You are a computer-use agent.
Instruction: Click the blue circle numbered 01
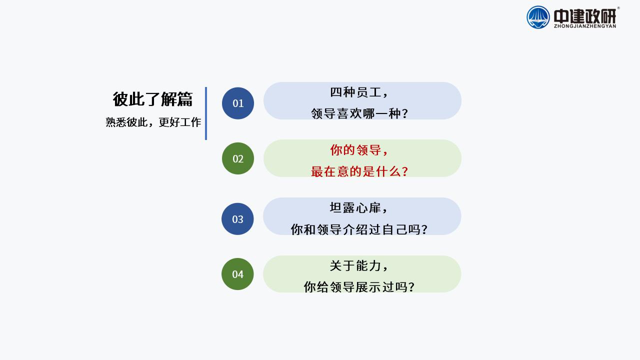[x=238, y=103]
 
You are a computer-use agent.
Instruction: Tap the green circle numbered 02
[x=238, y=158]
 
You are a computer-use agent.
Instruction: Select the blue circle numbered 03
[x=237, y=219]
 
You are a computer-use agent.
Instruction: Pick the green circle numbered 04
[x=237, y=274]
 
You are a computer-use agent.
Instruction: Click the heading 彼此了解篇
[x=152, y=99]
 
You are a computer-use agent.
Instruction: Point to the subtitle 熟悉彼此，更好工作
[x=153, y=122]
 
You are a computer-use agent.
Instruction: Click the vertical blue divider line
[x=205, y=113]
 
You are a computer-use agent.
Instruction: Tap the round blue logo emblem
[x=538, y=17]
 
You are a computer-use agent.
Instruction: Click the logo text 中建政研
[x=585, y=16]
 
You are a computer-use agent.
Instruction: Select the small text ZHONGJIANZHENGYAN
[x=585, y=26]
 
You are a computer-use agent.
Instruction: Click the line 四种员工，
[x=359, y=92]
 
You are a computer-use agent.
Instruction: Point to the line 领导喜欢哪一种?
[x=359, y=113]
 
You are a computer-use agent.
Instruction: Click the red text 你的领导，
[x=359, y=150]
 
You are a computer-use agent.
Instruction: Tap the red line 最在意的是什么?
[x=359, y=171]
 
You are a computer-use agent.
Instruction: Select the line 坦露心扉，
[x=359, y=207]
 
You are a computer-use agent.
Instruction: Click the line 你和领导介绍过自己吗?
[x=359, y=229]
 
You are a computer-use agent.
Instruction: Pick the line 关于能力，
[x=359, y=265]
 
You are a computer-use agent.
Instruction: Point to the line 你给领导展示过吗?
[x=359, y=287]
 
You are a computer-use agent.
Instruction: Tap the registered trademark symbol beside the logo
[x=618, y=8]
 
